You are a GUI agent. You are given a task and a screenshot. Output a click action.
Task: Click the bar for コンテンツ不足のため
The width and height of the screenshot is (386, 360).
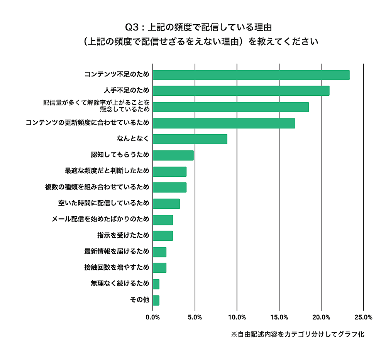(251, 75)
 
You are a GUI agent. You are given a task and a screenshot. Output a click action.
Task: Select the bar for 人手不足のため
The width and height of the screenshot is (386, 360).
(241, 91)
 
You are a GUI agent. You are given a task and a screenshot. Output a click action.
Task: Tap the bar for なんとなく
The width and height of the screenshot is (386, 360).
(190, 139)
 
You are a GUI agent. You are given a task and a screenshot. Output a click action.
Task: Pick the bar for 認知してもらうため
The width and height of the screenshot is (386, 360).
(173, 155)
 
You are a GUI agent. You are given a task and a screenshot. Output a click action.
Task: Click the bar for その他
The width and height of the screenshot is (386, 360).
(156, 300)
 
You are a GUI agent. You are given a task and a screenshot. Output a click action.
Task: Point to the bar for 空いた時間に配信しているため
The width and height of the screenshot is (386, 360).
(166, 203)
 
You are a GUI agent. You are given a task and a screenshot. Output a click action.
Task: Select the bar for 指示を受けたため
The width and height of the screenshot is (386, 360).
(163, 235)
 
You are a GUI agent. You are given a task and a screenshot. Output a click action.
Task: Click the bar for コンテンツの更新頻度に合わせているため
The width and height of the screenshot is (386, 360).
(224, 123)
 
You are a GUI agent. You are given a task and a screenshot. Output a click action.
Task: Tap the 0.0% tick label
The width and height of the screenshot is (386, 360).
(153, 317)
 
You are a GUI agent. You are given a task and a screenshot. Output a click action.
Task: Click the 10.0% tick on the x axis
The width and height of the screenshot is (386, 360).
(237, 317)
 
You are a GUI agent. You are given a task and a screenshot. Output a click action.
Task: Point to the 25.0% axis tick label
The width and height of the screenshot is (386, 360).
(363, 317)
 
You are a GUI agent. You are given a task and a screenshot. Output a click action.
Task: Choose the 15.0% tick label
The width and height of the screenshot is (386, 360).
(279, 317)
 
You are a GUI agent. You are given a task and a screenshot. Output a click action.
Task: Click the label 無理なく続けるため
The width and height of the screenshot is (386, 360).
(120, 284)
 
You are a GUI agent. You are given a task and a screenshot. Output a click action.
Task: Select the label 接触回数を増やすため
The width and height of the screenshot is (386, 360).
(117, 267)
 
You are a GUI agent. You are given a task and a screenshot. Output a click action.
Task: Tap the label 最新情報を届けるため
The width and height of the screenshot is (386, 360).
(117, 252)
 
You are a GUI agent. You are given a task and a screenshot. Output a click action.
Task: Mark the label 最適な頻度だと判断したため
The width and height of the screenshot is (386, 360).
(107, 171)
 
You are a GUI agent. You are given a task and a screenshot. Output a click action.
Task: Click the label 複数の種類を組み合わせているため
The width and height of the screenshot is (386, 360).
(97, 187)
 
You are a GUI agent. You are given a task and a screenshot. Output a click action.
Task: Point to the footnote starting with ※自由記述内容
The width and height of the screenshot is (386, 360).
(297, 334)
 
